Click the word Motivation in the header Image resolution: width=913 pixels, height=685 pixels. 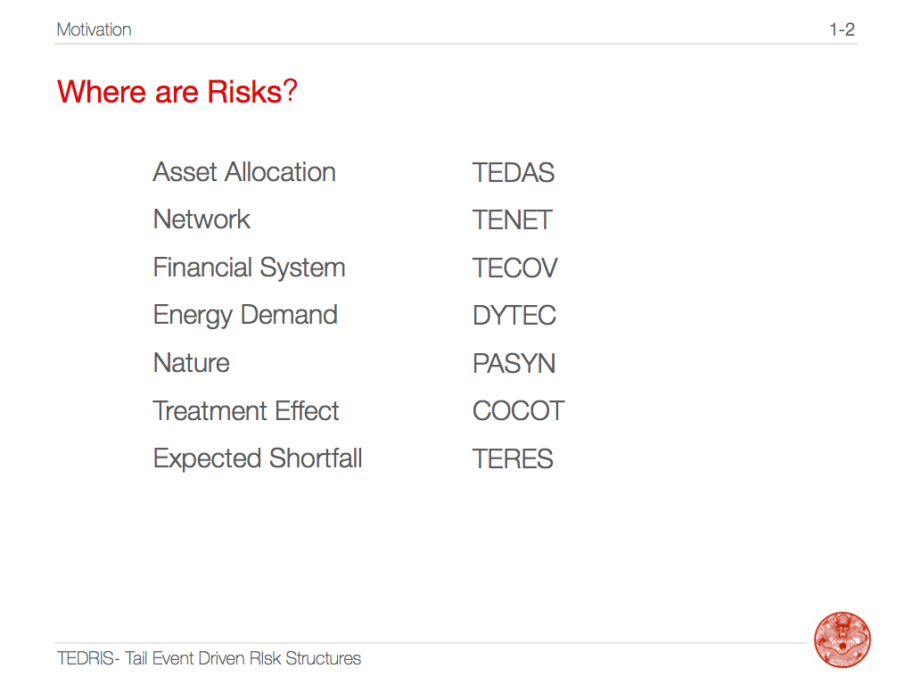94,29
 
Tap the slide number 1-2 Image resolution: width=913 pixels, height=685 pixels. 842,29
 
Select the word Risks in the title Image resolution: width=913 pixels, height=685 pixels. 244,92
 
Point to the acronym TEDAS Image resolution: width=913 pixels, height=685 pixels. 513,172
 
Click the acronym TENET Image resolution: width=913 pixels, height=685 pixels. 512,220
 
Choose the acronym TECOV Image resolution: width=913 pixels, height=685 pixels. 514,268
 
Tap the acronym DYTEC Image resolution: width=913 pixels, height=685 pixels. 514,316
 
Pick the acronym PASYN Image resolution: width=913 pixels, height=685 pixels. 514,364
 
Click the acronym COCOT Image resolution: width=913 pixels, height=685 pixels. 518,411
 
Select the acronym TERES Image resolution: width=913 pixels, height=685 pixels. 513,459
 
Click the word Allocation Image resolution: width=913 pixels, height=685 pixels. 280,172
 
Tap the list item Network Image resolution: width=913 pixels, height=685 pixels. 202,219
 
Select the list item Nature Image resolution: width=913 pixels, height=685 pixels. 192,364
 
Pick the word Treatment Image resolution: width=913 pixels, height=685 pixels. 210,411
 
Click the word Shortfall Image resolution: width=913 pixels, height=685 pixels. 316,458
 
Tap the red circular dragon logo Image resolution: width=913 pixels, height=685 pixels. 842,640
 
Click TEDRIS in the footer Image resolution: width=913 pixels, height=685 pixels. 86,658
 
